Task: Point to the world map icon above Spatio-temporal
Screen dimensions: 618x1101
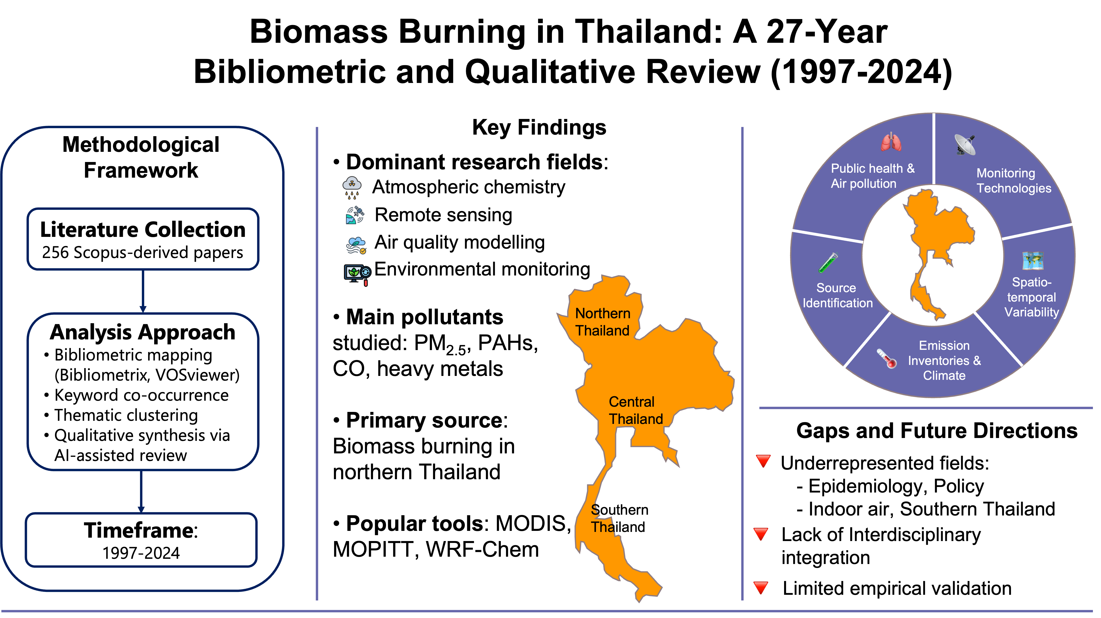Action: pyautogui.click(x=1033, y=261)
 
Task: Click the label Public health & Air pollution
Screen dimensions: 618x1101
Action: pyautogui.click(x=872, y=176)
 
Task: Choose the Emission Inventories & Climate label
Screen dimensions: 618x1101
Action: pyautogui.click(x=944, y=360)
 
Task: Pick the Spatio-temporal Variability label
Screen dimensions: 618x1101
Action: pyautogui.click(x=1031, y=297)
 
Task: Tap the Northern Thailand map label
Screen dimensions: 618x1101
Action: pyautogui.click(x=602, y=322)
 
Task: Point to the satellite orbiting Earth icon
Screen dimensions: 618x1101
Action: pyautogui.click(x=355, y=215)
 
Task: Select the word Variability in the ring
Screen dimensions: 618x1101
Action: pyautogui.click(x=1031, y=312)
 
